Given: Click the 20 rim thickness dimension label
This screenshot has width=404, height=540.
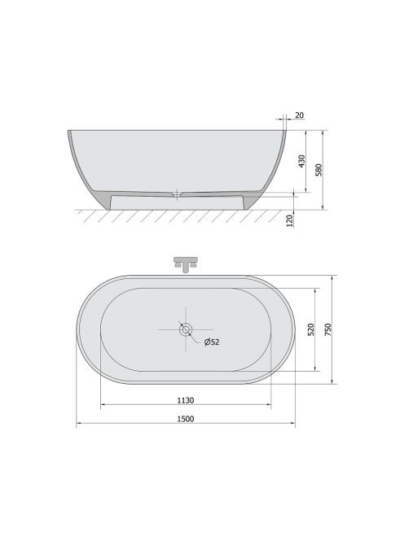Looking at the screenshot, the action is pyautogui.click(x=300, y=115).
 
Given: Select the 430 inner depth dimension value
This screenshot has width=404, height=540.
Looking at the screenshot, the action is pyautogui.click(x=302, y=161).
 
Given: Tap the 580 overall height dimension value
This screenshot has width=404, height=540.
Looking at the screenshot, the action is pyautogui.click(x=318, y=170).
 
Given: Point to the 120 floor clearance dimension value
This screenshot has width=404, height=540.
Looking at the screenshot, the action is pyautogui.click(x=290, y=220).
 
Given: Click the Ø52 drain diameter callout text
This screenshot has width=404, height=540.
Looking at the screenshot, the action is pyautogui.click(x=212, y=342).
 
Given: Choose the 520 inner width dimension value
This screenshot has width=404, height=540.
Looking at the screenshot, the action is pyautogui.click(x=311, y=329).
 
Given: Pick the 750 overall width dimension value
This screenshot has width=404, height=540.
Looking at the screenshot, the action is pyautogui.click(x=327, y=329).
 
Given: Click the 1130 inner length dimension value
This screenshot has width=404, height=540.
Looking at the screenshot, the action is pyautogui.click(x=186, y=400).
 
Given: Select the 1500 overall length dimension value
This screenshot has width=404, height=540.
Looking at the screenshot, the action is pyautogui.click(x=186, y=419).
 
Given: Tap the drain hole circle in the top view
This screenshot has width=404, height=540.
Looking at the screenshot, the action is pyautogui.click(x=186, y=329).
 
